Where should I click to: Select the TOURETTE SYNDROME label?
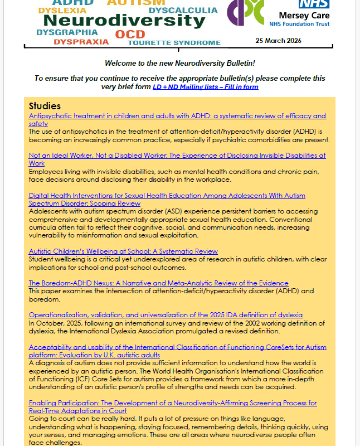174,43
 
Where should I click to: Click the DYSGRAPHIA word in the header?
67,32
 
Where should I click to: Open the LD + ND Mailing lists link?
206,87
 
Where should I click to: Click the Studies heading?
45,106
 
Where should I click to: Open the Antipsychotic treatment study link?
177,116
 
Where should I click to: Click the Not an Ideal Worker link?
177,156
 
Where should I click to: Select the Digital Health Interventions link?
167,196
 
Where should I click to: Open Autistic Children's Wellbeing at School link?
123,251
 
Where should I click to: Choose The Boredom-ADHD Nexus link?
158,283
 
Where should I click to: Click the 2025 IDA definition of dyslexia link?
166,315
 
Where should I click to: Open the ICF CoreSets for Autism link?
177,347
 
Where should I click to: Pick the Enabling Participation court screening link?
173,403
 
